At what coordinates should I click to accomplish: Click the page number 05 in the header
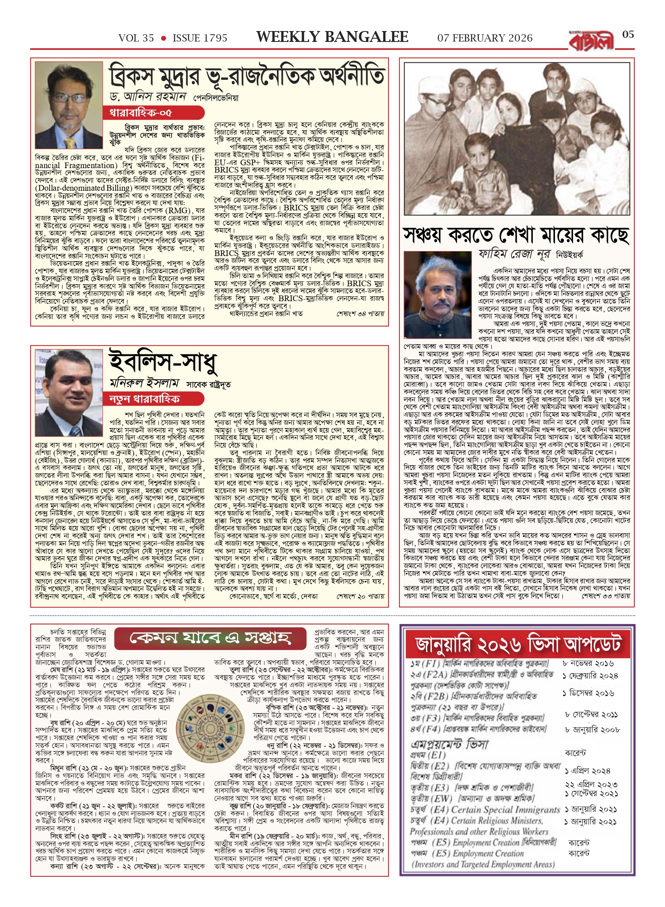click(628, 35)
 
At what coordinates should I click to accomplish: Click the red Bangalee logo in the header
click(591, 41)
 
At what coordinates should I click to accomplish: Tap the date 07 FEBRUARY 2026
click(485, 38)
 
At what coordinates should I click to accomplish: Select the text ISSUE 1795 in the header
click(200, 38)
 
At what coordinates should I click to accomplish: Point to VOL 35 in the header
click(136, 38)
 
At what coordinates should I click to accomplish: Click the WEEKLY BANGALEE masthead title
click(332, 37)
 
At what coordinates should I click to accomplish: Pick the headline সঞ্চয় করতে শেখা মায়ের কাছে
click(516, 235)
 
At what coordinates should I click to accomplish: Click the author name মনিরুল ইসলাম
click(144, 383)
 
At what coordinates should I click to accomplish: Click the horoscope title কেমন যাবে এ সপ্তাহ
click(210, 638)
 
